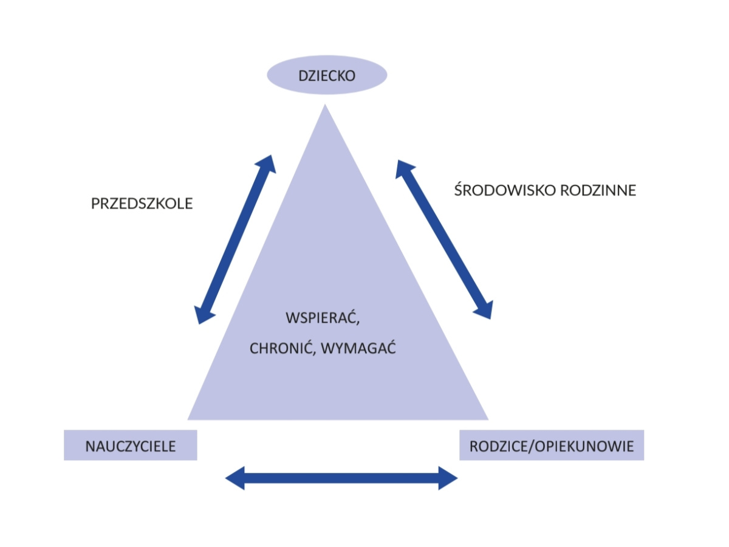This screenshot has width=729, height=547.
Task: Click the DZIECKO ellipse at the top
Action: pyautogui.click(x=327, y=75)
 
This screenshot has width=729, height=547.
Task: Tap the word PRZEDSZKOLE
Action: pyautogui.click(x=142, y=204)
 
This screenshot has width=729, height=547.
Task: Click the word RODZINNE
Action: pyautogui.click(x=601, y=190)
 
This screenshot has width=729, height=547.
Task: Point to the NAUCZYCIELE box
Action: pyautogui.click(x=131, y=446)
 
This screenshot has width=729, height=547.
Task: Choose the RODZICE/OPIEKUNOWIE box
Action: pyautogui.click(x=552, y=446)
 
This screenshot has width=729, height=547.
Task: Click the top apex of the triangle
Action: pyautogui.click(x=326, y=107)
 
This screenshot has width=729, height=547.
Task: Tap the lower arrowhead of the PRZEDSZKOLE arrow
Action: pyautogui.click(x=204, y=315)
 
